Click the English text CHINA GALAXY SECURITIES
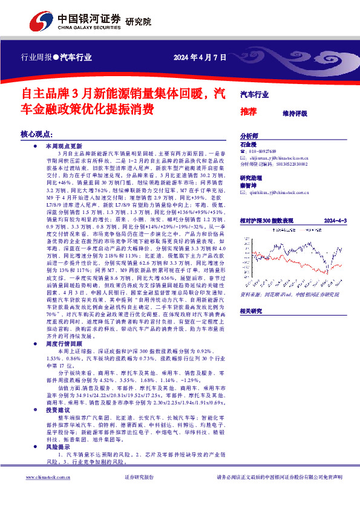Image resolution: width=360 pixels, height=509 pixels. pyautogui.click(x=89, y=27)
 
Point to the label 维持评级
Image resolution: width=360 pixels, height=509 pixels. pyautogui.click(x=295, y=113)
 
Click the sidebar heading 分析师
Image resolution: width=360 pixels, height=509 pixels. pyautogui.click(x=249, y=137)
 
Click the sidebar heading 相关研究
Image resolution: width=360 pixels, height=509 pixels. pyautogui.click(x=250, y=311)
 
